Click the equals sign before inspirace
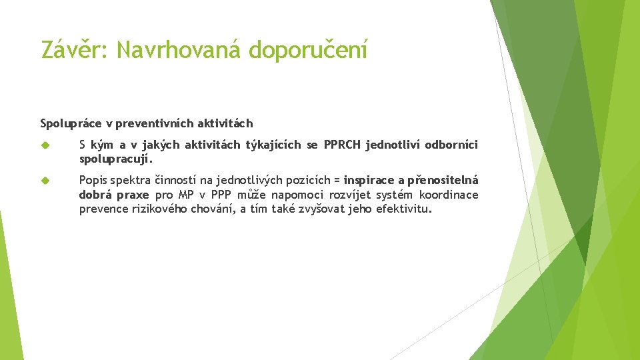tap(337, 180)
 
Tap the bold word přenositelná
tap(444, 180)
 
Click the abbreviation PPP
tap(221, 195)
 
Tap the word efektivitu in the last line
tap(403, 209)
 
